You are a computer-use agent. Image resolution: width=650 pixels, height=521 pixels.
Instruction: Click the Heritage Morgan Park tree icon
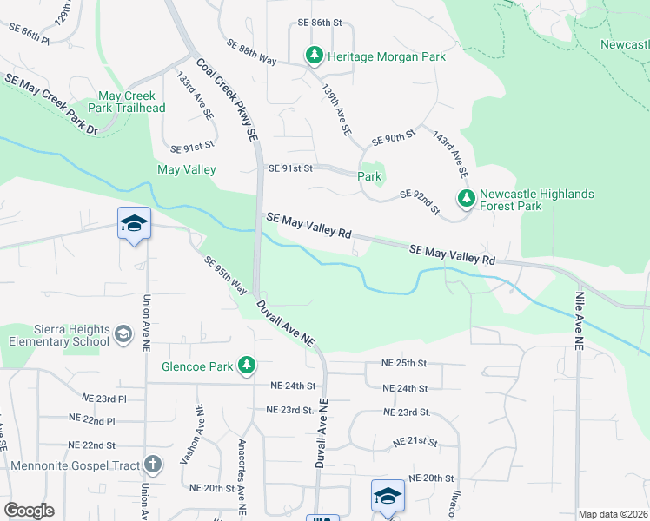[x=314, y=56]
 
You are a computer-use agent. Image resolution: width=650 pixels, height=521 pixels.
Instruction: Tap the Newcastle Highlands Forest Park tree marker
[x=467, y=199]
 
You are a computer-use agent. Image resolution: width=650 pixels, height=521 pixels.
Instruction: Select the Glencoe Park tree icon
[x=248, y=366]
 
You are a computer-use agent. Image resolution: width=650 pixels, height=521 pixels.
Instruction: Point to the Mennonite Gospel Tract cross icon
[x=153, y=465]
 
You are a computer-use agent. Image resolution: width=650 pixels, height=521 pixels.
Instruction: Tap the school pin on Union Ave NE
[x=134, y=224]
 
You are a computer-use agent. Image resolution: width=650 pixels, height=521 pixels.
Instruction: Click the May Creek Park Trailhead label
[x=127, y=102]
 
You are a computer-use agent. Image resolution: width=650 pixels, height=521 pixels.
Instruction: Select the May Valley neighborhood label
[x=186, y=170]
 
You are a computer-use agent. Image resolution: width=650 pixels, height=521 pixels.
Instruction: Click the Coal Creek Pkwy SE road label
[x=228, y=101]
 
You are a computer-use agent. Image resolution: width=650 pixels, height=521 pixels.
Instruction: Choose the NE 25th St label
[x=404, y=362]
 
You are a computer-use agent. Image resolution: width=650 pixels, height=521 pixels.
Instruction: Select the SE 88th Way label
[x=251, y=52]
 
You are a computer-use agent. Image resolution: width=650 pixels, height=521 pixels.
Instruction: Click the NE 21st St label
[x=415, y=442]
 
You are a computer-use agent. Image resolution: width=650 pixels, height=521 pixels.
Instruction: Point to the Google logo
[x=29, y=511]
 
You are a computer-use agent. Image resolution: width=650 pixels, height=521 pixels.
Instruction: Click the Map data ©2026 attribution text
[x=613, y=514]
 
